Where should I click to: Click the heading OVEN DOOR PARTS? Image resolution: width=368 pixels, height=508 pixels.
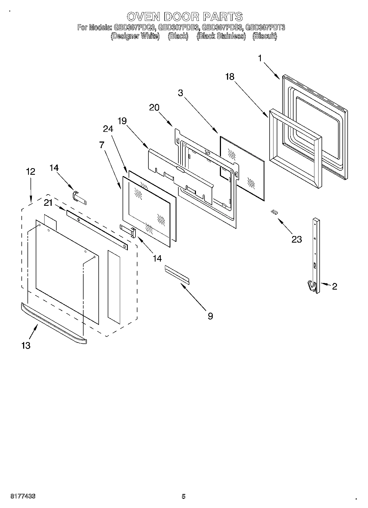click(185, 17)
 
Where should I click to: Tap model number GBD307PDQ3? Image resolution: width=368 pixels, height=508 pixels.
click(135, 27)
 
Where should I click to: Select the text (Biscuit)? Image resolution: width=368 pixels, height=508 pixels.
click(265, 36)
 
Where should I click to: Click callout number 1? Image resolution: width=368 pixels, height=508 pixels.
click(260, 58)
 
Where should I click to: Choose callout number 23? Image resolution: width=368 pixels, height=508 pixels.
click(297, 239)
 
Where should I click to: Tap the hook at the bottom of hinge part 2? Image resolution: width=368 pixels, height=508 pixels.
click(311, 286)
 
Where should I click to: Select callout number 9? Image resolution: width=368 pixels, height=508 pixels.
click(210, 316)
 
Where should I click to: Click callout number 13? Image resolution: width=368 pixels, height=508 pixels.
click(26, 345)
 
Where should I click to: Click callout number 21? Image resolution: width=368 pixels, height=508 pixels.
click(48, 203)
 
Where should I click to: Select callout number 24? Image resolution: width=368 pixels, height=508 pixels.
click(108, 129)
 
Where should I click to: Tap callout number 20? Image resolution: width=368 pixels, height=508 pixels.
click(154, 107)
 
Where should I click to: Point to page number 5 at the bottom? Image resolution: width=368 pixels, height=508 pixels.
click(183, 496)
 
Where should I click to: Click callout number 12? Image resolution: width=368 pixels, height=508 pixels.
click(31, 172)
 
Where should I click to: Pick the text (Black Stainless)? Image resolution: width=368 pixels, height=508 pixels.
click(221, 36)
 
